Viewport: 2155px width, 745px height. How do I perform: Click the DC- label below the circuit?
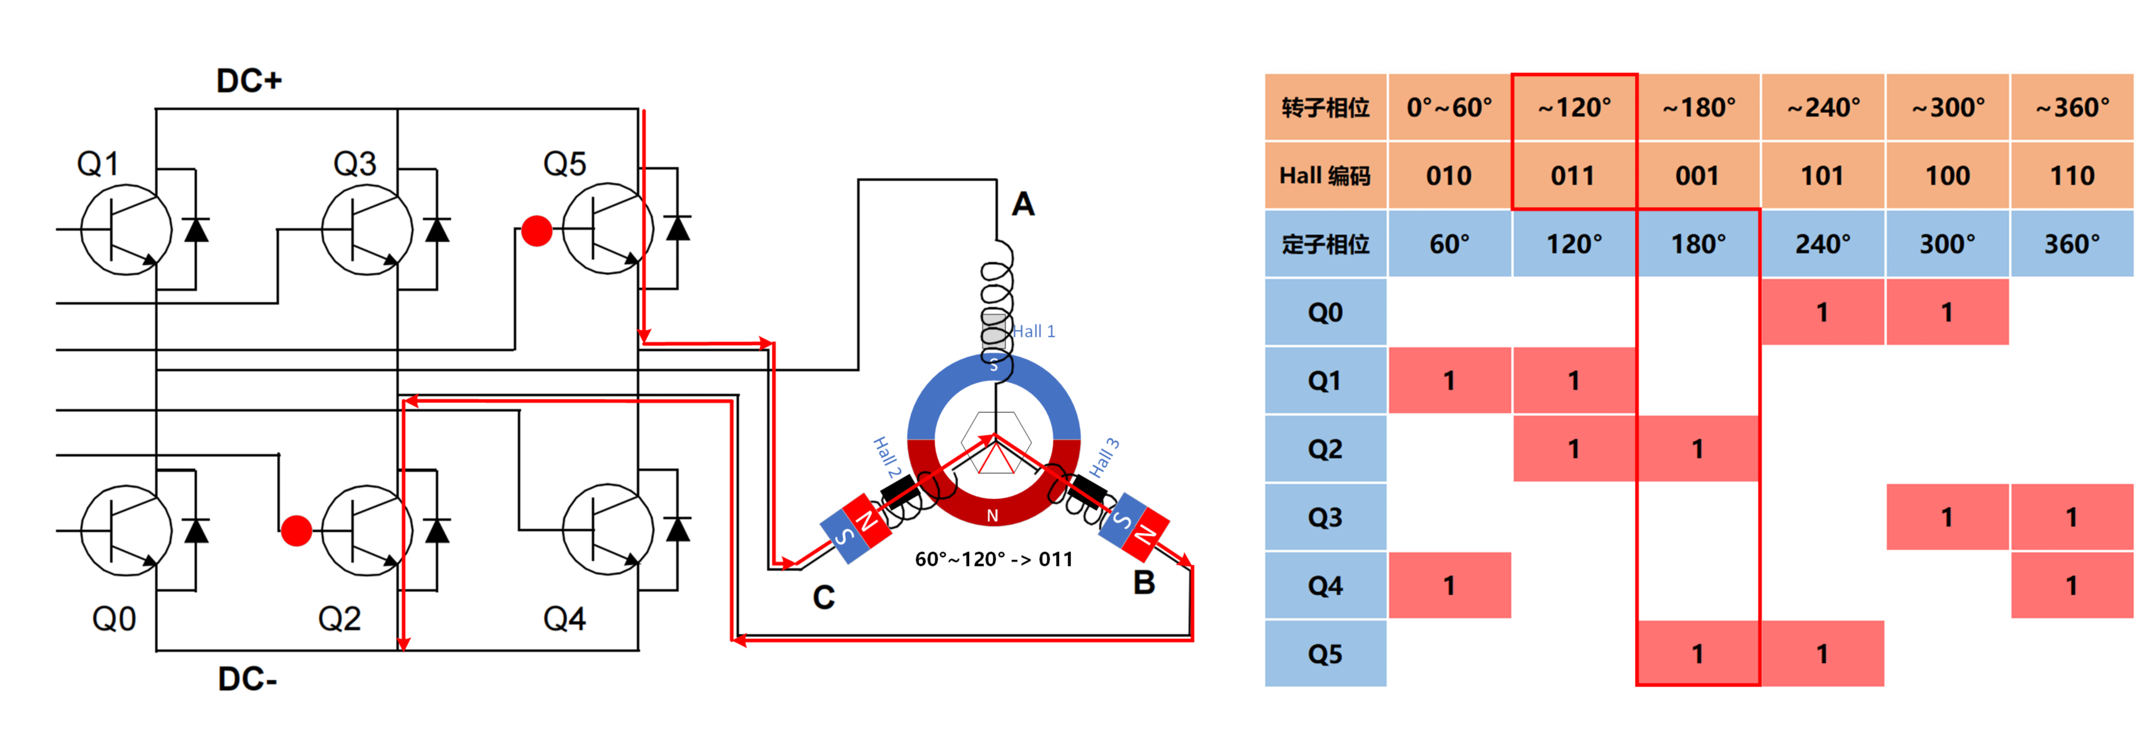[x=248, y=679]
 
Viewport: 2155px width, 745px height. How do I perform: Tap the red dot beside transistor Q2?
[x=296, y=530]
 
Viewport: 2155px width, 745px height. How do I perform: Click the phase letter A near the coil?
[x=1023, y=204]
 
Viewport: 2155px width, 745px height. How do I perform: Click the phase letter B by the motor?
[x=1144, y=583]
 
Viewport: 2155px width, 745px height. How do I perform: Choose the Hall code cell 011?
[x=1573, y=176]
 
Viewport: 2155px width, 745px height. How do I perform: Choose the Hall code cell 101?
[x=1822, y=176]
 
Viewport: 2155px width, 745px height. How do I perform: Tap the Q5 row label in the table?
[x=1325, y=654]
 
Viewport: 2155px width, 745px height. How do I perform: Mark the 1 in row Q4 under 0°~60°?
[x=1449, y=585]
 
